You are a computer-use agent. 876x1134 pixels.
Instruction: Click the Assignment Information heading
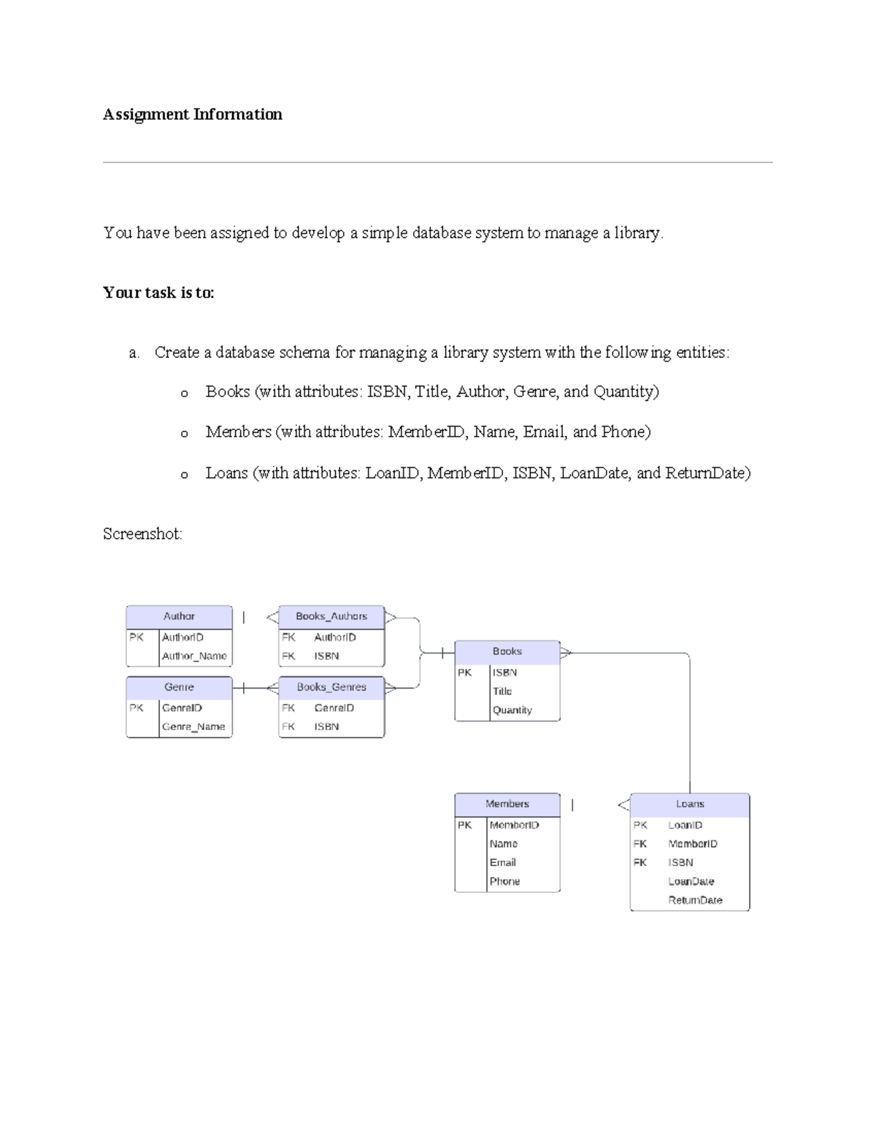click(x=192, y=114)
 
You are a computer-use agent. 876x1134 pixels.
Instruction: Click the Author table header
click(x=179, y=616)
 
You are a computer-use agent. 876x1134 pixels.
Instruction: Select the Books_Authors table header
click(x=331, y=616)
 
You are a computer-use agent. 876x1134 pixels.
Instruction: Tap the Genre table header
click(x=179, y=687)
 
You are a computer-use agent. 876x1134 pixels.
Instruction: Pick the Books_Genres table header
click(x=331, y=687)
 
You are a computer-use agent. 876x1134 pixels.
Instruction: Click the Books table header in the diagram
click(x=507, y=651)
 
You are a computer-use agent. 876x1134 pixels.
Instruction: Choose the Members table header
click(x=507, y=804)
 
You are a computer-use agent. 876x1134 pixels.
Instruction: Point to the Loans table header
click(x=690, y=804)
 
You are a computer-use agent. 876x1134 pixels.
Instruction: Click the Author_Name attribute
click(x=194, y=656)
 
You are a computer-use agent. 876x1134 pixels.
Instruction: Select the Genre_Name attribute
click(x=193, y=727)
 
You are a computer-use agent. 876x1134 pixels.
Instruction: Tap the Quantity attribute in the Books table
click(x=512, y=710)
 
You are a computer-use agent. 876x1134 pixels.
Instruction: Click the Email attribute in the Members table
click(x=502, y=862)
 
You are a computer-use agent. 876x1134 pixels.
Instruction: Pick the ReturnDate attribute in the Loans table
click(x=695, y=900)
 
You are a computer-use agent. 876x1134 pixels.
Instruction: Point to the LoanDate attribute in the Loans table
click(x=691, y=881)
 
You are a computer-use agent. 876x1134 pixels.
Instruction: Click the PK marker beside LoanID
click(x=640, y=825)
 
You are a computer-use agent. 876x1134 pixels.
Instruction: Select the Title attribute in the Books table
click(x=502, y=691)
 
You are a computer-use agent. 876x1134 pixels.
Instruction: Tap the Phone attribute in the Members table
click(x=504, y=881)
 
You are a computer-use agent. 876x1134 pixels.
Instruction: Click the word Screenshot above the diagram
click(x=142, y=534)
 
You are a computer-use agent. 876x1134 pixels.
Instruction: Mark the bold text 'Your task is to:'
click(x=158, y=293)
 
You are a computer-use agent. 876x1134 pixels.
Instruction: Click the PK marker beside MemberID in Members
click(x=465, y=825)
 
